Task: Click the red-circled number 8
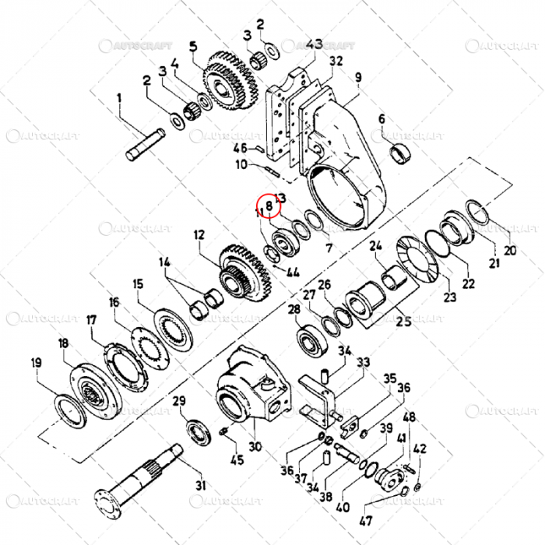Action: [268, 205]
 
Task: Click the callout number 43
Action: [315, 44]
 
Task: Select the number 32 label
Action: [336, 60]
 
